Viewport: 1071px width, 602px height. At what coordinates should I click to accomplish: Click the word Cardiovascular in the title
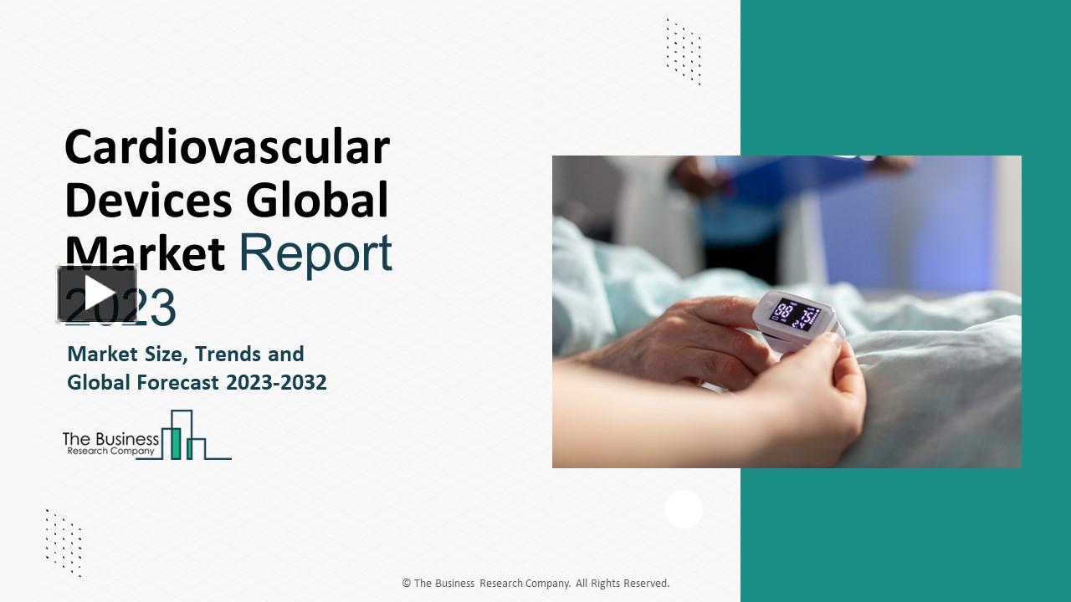tap(227, 147)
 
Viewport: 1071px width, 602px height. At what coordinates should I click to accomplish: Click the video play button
tap(97, 293)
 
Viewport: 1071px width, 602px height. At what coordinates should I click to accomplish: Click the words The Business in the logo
tap(110, 438)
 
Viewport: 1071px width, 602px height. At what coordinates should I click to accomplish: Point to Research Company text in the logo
tap(110, 451)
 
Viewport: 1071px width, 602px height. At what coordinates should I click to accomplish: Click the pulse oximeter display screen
tap(794, 314)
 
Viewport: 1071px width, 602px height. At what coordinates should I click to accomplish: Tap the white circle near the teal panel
tap(684, 509)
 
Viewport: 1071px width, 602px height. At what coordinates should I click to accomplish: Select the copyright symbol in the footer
tap(406, 584)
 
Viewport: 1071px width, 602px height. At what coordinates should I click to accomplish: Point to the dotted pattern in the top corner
tap(684, 51)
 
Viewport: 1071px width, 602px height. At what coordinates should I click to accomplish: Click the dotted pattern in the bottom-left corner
tap(64, 542)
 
